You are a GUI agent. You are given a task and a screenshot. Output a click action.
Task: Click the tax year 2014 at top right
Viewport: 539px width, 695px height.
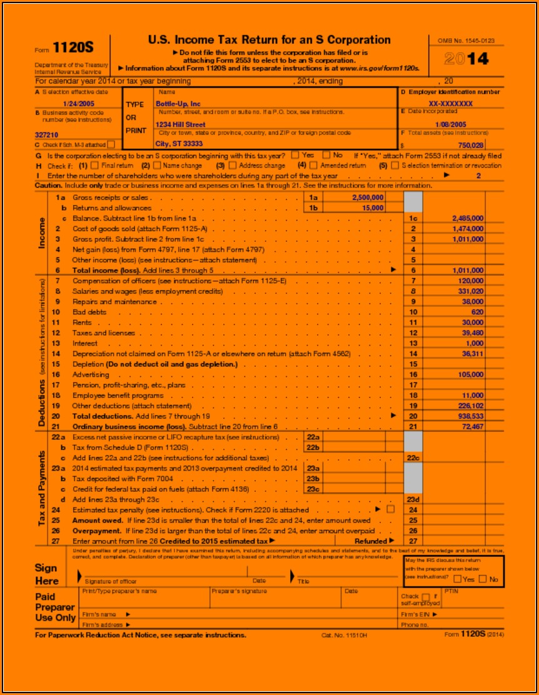click(466, 59)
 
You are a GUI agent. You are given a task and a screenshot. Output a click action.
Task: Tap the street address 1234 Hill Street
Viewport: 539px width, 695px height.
click(180, 124)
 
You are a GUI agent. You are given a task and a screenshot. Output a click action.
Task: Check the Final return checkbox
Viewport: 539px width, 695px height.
click(95, 166)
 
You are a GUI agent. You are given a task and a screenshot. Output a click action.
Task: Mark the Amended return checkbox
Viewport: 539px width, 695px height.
click(315, 166)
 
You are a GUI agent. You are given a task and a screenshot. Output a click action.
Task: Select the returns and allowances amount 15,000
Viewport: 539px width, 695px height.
click(373, 207)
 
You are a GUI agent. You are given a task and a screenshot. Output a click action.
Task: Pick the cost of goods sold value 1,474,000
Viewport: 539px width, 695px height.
click(467, 229)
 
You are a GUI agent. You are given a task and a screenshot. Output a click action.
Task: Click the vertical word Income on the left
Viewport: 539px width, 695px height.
click(42, 232)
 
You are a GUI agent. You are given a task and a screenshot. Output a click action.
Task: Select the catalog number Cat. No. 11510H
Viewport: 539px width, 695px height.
click(344, 635)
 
